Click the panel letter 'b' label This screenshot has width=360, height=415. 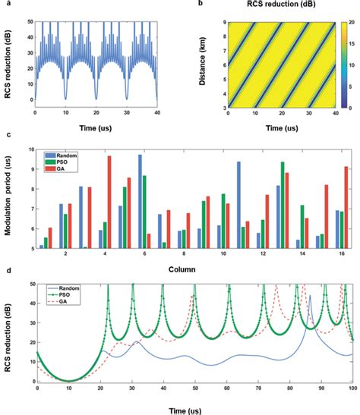[198, 5]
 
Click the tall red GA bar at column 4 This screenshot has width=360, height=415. [109, 202]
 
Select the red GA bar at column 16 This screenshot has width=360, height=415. [346, 207]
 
